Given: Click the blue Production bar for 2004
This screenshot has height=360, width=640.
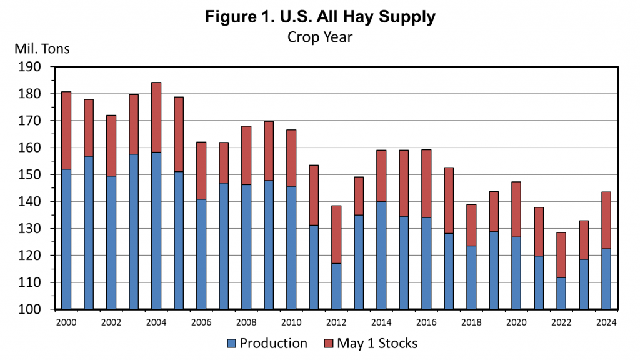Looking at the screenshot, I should (x=156, y=231).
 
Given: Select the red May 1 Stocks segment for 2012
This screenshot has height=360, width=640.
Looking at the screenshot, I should (x=336, y=234).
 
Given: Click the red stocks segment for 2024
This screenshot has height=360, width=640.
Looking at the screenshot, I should (x=606, y=220).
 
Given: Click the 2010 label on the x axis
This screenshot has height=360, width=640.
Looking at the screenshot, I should (x=291, y=322).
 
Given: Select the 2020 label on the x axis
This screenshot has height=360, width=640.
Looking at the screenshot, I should (x=516, y=322).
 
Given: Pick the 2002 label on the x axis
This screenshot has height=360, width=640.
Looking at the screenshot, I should (x=111, y=322).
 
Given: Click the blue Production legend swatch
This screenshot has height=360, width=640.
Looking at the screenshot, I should (x=231, y=343).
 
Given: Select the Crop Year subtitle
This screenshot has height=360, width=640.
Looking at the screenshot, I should (x=320, y=37).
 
